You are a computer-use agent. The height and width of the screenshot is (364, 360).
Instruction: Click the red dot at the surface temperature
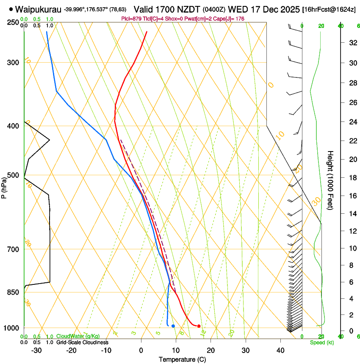coord(199,326)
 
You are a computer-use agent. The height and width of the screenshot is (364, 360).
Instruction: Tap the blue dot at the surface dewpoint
coord(173,326)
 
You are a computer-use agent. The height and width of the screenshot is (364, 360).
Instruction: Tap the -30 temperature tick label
coord(37,350)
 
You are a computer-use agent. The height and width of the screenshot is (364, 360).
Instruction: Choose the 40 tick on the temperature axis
coord(280,350)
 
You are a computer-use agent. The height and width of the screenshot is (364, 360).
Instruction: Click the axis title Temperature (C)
coord(182,359)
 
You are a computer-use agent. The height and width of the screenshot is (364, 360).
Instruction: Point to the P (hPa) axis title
coord(4,186)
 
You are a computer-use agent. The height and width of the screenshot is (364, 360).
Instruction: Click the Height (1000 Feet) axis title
coord(331,180)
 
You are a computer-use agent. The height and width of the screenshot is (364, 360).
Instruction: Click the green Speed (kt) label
coord(322,342)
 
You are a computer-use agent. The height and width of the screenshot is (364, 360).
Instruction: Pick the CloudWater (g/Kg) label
coord(78,336)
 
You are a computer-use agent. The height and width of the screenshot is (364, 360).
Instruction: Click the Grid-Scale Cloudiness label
coord(82,342)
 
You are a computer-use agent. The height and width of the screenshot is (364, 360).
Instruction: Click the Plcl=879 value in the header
coord(131,19)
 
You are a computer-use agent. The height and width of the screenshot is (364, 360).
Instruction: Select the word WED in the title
coord(235,9)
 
